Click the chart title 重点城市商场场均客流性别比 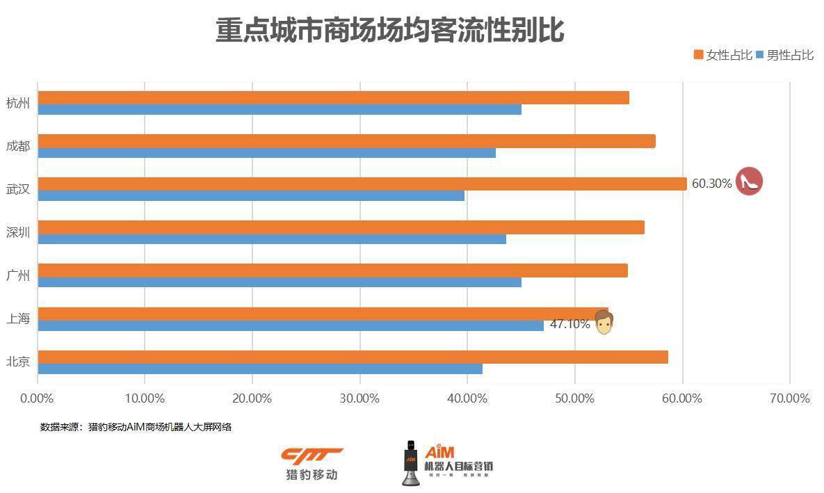click(389, 31)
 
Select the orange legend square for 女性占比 click(698, 55)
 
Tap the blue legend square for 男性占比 click(759, 55)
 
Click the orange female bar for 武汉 click(362, 184)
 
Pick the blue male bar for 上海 click(291, 325)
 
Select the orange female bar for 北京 click(353, 357)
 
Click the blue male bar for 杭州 click(280, 109)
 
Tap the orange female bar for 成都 click(346, 141)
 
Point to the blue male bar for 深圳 click(272, 239)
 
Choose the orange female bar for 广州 click(332, 270)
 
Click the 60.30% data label click(711, 184)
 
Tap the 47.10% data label click(569, 324)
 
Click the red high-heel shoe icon click(749, 181)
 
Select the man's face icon click(604, 322)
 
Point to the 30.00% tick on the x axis click(360, 398)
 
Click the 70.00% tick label click(790, 398)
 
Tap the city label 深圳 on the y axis click(18, 232)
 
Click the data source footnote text click(136, 427)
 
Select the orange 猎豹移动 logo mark click(312, 455)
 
